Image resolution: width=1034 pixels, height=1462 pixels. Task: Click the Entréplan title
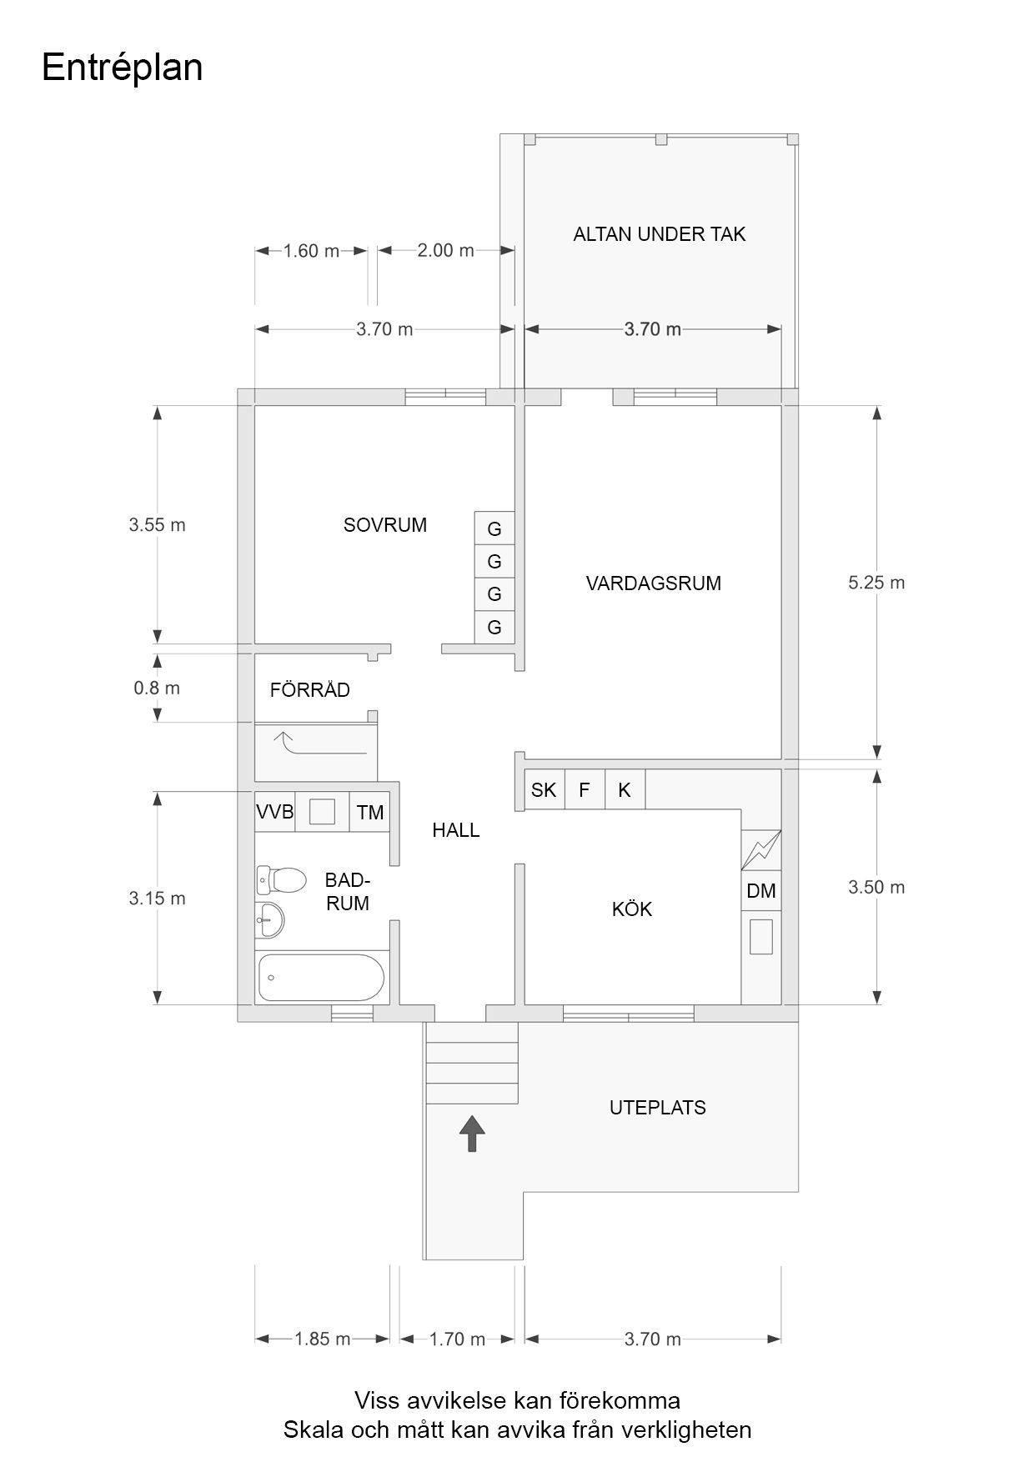[122, 68]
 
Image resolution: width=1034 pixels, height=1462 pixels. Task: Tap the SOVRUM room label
[385, 525]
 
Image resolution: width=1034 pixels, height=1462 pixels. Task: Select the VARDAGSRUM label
[654, 583]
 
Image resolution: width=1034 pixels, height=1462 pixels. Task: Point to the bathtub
[321, 978]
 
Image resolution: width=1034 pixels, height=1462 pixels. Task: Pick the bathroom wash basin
[270, 920]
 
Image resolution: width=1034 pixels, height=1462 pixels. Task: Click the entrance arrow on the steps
[472, 1134]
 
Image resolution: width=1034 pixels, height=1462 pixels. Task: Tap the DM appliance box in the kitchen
[761, 891]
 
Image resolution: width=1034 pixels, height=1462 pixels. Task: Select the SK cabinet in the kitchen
[544, 789]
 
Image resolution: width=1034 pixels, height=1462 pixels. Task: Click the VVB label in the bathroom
[275, 812]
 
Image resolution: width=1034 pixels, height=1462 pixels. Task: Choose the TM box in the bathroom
[370, 812]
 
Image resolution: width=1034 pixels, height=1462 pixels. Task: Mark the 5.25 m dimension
[876, 583]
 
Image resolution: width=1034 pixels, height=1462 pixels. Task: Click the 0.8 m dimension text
[157, 688]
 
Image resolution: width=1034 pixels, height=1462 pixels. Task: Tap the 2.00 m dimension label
[445, 250]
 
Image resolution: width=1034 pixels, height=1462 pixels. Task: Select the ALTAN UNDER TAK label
[660, 234]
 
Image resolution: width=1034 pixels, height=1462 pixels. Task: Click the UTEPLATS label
[658, 1108]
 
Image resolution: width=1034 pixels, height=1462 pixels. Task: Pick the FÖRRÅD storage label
[310, 689]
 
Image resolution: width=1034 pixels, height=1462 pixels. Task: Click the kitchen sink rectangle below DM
[761, 936]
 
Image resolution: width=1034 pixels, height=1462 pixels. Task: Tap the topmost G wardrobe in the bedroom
[494, 528]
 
